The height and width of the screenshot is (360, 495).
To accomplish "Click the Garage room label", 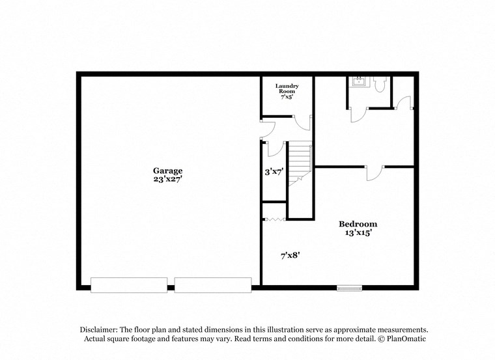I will [x=167, y=171].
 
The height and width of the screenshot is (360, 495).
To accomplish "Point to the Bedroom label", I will [x=358, y=224].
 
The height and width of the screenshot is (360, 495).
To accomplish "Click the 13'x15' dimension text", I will [x=358, y=232].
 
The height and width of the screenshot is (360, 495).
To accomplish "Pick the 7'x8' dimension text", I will [x=290, y=255].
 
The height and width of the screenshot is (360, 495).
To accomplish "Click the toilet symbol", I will [x=382, y=84].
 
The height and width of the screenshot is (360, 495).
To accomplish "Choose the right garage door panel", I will [x=212, y=285].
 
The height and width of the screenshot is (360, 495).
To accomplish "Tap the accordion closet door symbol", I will [x=275, y=219].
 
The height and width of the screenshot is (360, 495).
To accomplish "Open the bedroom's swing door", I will [x=373, y=173].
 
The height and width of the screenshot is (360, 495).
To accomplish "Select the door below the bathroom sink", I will [x=359, y=114].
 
